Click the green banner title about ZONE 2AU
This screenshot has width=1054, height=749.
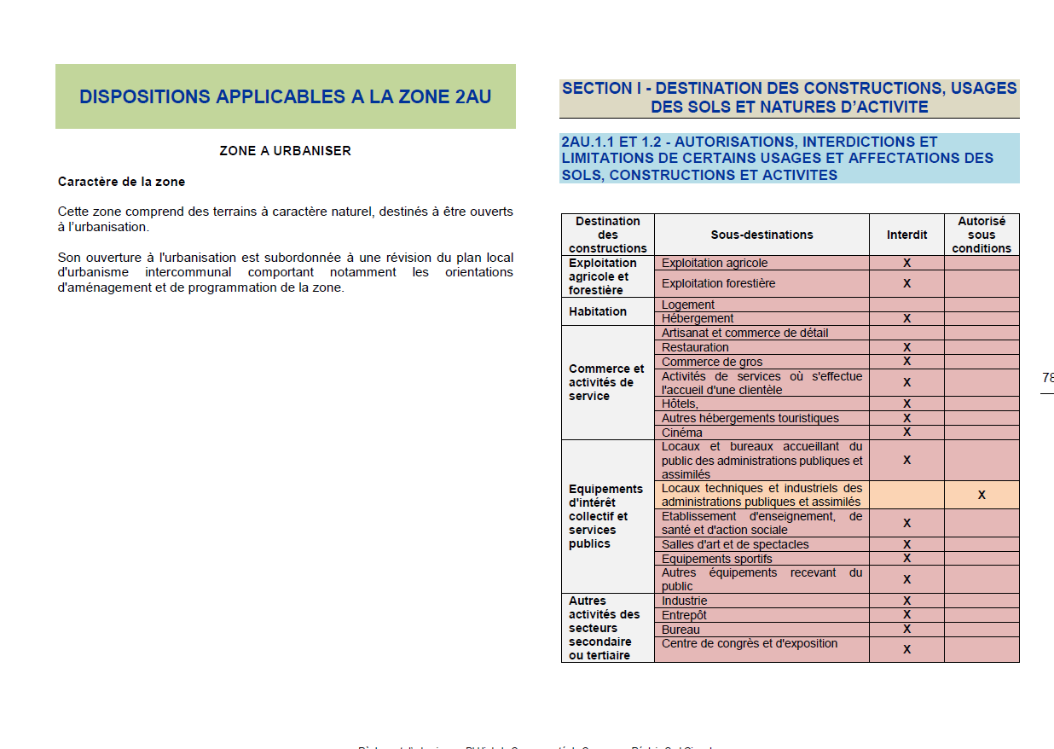pyautogui.click(x=285, y=96)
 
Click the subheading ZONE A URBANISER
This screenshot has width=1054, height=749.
pyautogui.click(x=285, y=151)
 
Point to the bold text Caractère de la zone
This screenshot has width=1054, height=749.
pyautogui.click(x=121, y=182)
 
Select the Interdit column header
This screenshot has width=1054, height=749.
pyautogui.click(x=906, y=235)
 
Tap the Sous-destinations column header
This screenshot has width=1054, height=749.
pyautogui.click(x=762, y=235)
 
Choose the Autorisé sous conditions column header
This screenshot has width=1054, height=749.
pyautogui.click(x=982, y=235)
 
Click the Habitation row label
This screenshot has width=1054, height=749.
pyautogui.click(x=598, y=311)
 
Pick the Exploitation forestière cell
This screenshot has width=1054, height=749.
pyautogui.click(x=719, y=283)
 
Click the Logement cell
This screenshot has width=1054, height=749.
pyautogui.click(x=688, y=305)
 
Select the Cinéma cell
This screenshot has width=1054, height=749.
pyautogui.click(x=682, y=433)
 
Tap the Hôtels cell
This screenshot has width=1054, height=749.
pyautogui.click(x=680, y=404)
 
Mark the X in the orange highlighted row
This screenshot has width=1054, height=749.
pyautogui.click(x=982, y=495)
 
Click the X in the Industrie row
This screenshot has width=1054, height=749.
pyautogui.click(x=906, y=601)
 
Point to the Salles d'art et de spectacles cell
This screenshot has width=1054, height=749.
pyautogui.click(x=735, y=544)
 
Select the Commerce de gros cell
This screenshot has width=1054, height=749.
pyautogui.click(x=712, y=362)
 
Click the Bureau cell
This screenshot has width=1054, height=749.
pyautogui.click(x=680, y=630)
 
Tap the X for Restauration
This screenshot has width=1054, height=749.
pyautogui.click(x=906, y=347)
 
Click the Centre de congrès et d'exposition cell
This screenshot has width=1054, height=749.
pyautogui.click(x=750, y=643)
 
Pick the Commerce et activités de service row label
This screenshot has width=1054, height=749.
pyautogui.click(x=606, y=382)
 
